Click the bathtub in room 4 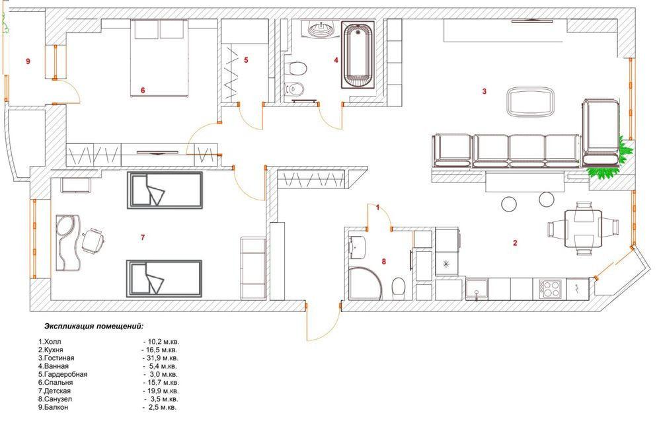click(357, 56)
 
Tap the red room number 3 click(485, 92)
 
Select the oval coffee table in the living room click(531, 102)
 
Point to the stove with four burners click(551, 288)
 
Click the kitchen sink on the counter click(476, 288)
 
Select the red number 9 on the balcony click(28, 61)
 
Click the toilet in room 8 click(399, 287)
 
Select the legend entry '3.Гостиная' click(56, 358)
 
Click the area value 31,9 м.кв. click(162, 358)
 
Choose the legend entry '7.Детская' click(56, 391)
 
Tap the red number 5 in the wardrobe click(246, 60)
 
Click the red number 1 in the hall click(377, 208)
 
